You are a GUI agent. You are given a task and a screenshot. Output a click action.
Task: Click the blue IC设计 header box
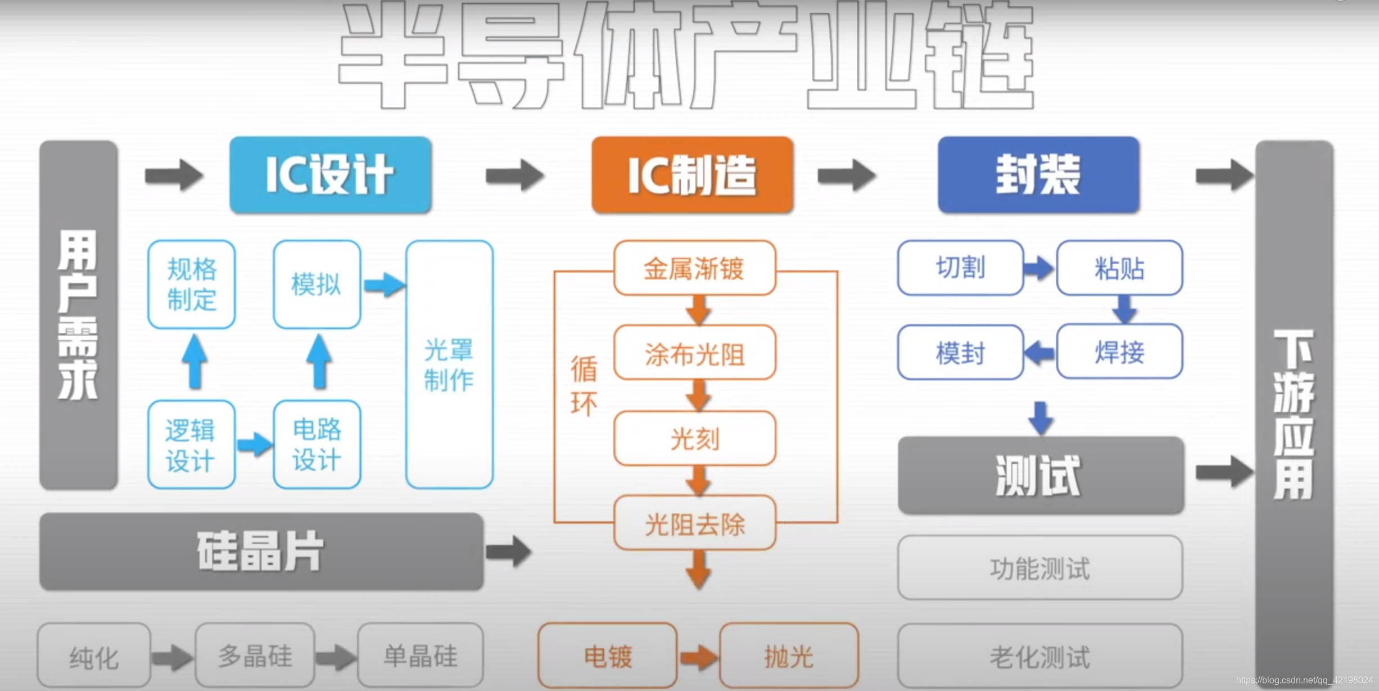pos(331,175)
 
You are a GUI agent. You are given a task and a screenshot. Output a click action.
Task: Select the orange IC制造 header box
pos(692,175)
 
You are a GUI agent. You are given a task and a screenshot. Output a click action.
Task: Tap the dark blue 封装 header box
pos(1038,175)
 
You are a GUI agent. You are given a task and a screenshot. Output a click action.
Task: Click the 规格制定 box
pos(192,284)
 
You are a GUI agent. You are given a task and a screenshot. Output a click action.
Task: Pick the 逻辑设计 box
pos(191,445)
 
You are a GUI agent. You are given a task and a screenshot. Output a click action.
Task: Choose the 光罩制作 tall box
pos(449,364)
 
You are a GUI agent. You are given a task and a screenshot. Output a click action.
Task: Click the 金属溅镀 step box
pos(695,268)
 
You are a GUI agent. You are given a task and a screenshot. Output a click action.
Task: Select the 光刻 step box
pos(695,439)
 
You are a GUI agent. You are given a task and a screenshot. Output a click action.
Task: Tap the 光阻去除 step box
pos(695,523)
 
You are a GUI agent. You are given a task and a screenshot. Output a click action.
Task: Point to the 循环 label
pos(584,386)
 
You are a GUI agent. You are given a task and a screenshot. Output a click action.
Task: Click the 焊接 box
pos(1119,352)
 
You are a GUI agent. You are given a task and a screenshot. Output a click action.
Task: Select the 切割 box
pos(960,268)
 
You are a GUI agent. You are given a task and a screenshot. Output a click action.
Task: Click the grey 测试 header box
pos(1041,476)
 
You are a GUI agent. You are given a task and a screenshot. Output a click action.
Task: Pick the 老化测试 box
pos(1040,656)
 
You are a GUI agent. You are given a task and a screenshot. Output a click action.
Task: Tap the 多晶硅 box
pos(255,656)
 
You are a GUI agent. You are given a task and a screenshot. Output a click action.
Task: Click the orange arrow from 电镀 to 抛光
pos(698,657)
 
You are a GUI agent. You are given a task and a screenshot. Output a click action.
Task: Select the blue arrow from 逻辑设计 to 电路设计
pos(255,445)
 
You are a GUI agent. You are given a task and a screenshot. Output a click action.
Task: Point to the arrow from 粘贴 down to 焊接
pos(1124,310)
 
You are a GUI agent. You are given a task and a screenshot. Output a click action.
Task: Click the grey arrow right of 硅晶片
pos(508,551)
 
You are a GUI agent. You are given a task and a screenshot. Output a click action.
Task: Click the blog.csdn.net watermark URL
pos(1304,680)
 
